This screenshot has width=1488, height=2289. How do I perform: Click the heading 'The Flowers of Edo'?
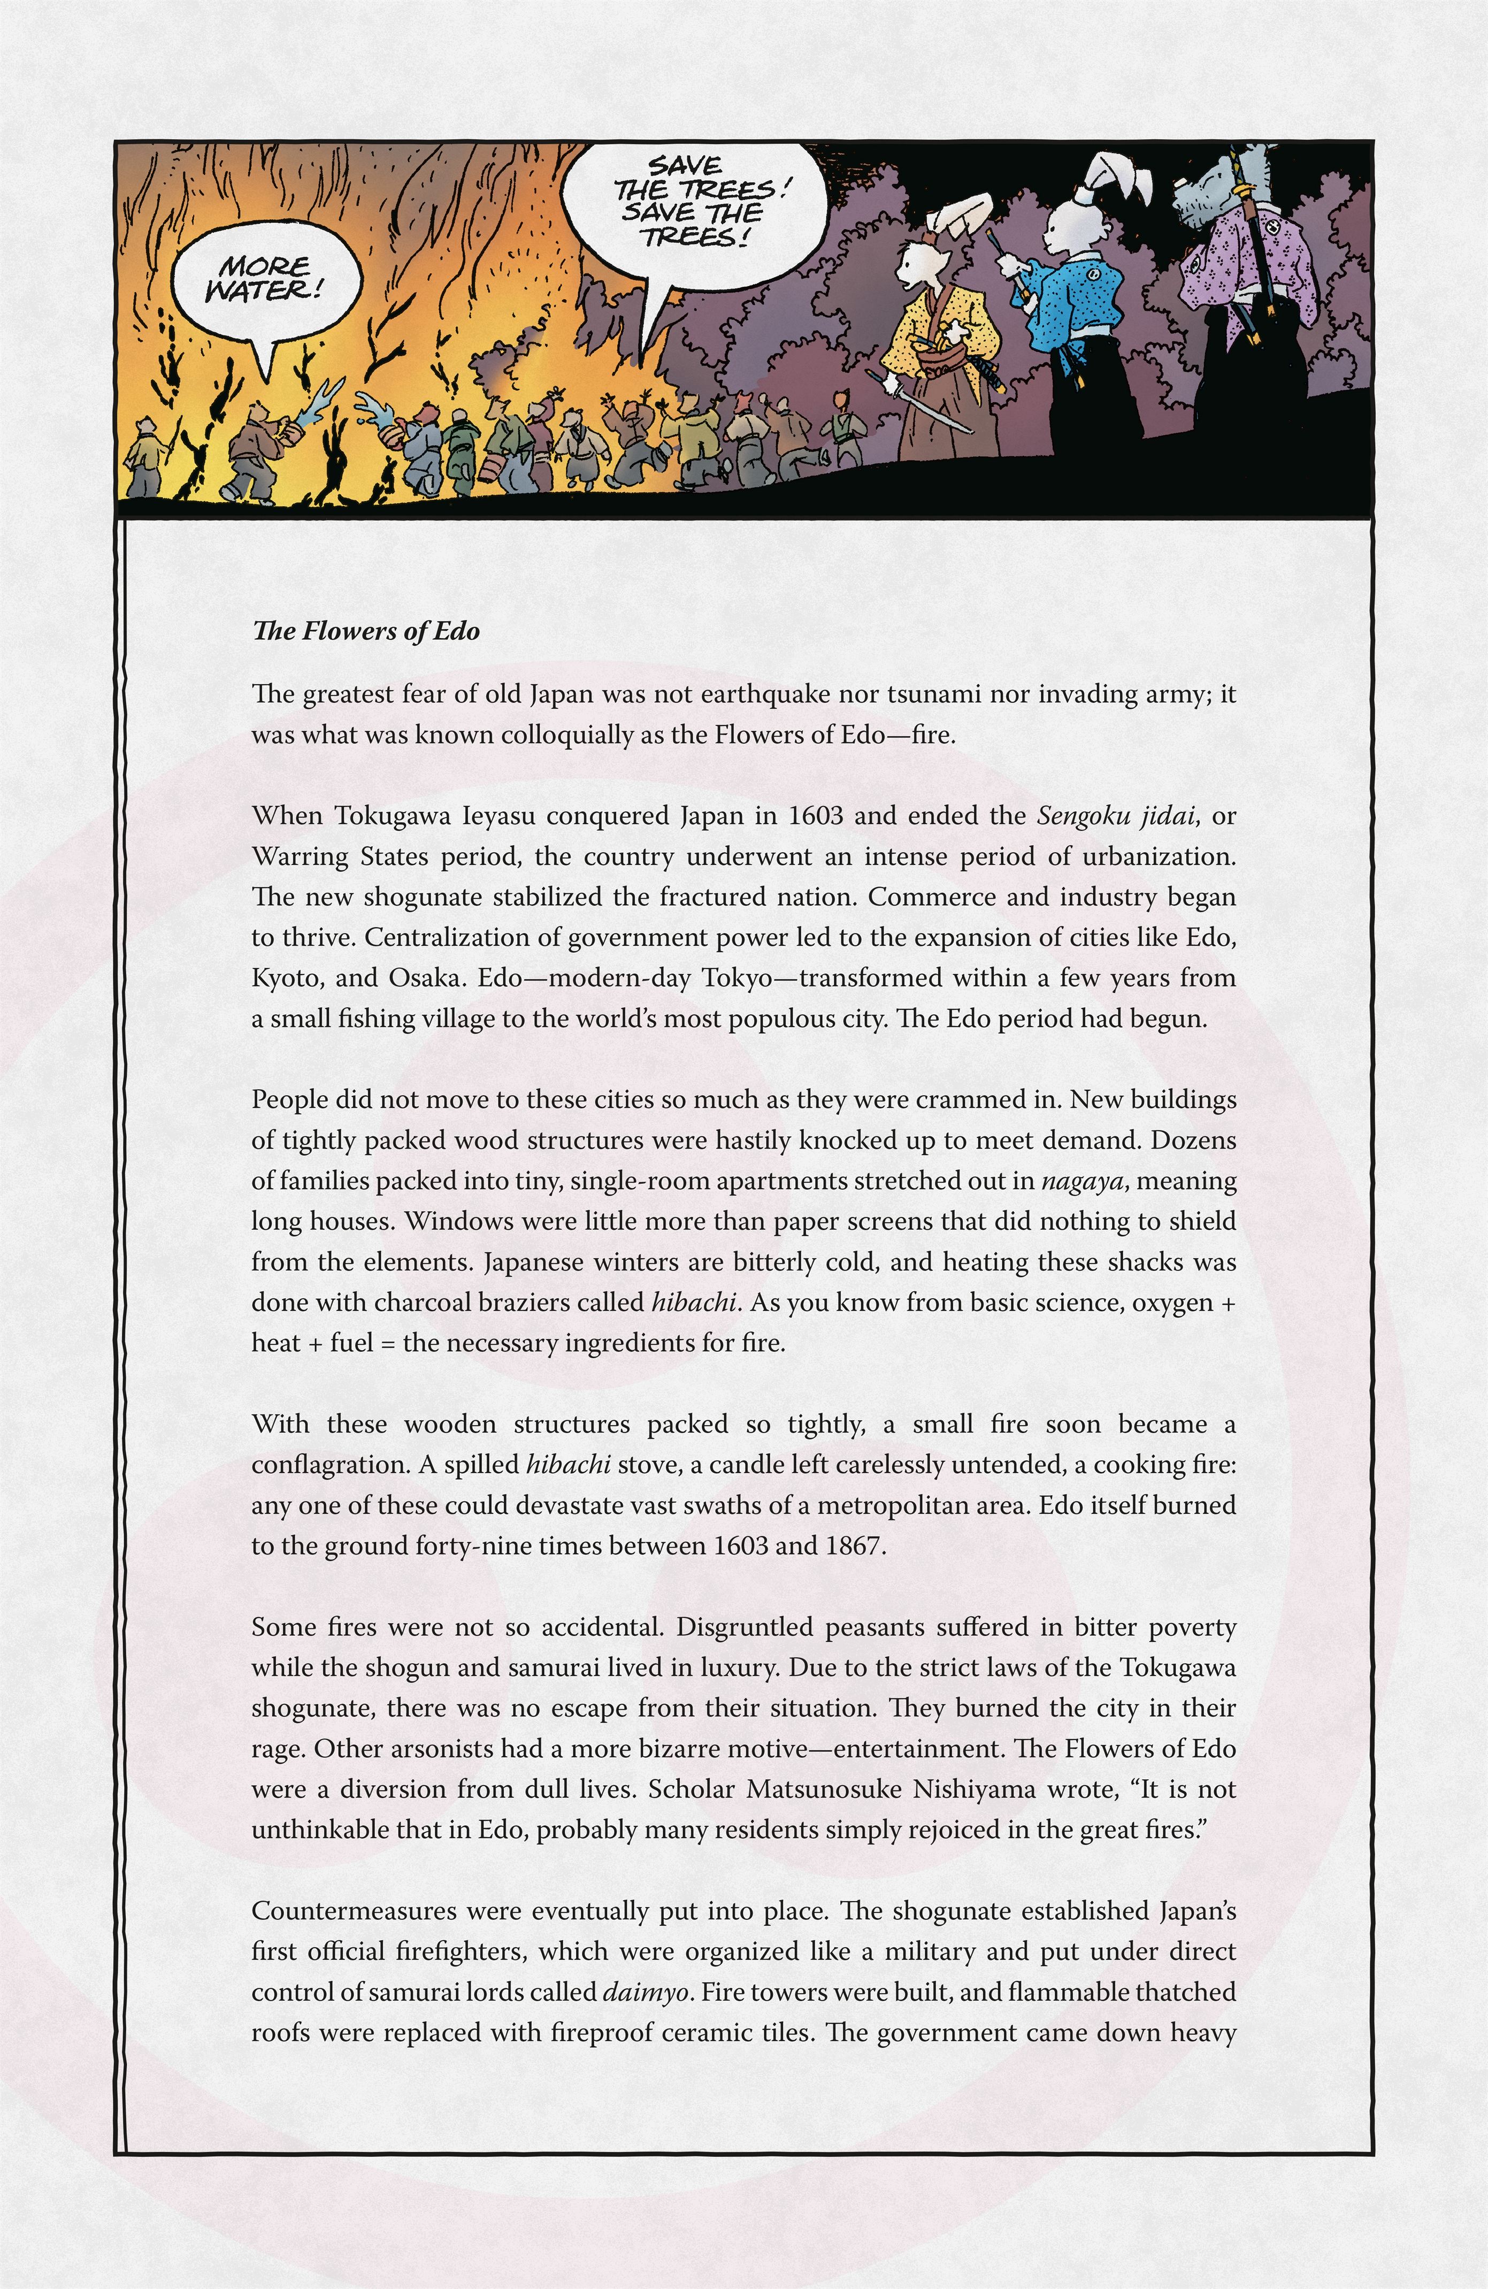click(x=365, y=632)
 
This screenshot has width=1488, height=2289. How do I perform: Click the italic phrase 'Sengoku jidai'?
click(x=1116, y=816)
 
